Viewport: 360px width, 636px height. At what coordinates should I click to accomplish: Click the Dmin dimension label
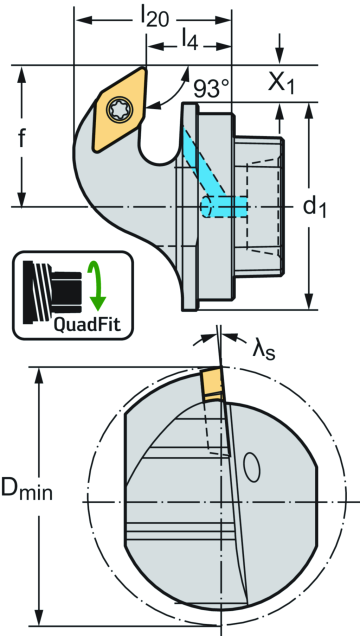click(27, 489)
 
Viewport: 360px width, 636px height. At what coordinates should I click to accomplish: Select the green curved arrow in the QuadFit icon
click(97, 285)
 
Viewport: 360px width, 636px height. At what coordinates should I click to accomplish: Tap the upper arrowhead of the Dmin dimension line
click(40, 372)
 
